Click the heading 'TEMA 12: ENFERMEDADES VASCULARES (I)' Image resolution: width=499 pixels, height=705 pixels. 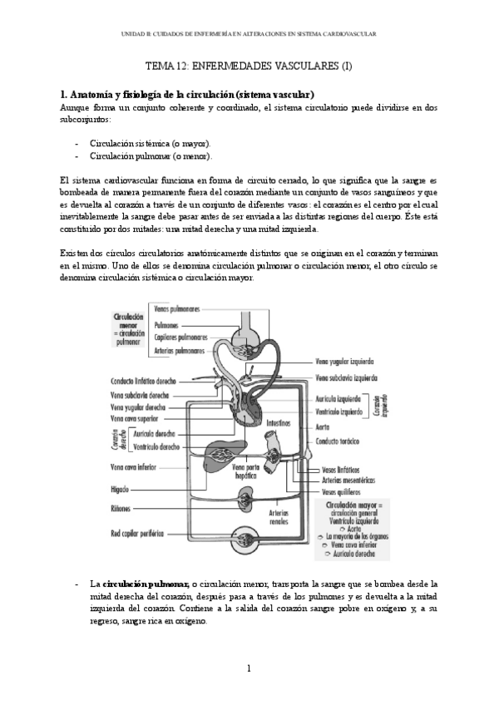click(x=249, y=67)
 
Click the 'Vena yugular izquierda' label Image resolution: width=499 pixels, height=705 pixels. click(x=344, y=362)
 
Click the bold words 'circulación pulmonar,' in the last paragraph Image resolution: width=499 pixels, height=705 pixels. click(x=145, y=584)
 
